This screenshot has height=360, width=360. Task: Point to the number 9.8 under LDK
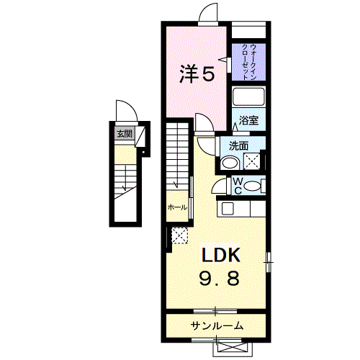220,278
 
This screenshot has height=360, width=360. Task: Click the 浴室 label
249,121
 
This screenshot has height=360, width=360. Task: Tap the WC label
237,186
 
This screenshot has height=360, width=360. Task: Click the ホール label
177,207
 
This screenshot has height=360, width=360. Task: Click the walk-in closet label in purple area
249,56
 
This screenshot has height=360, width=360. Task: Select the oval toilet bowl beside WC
251,186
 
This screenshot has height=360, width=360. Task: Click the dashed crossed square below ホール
178,235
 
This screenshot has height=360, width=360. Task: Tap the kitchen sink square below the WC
227,209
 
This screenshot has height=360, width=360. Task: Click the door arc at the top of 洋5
207,14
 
